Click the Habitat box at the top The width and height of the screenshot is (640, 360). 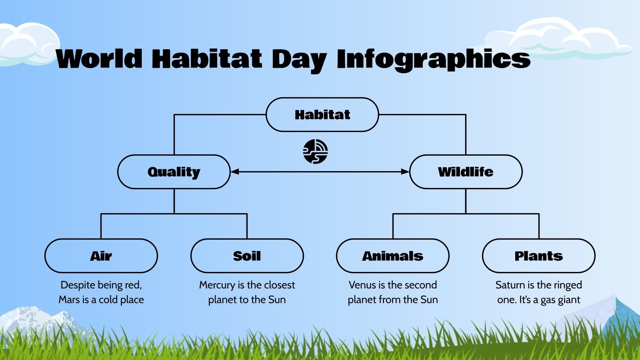tap(322, 115)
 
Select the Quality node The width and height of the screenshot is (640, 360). tap(174, 172)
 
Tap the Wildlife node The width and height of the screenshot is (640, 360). tap(466, 172)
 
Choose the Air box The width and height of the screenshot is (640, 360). tap(101, 256)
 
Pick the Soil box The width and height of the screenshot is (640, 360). tap(247, 256)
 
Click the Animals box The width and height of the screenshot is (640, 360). tap(392, 256)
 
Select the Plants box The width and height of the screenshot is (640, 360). tap(538, 256)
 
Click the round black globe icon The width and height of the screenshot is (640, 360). tap(315, 152)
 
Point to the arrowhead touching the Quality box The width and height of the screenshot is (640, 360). tap(235, 172)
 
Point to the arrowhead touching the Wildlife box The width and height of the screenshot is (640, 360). tap(405, 172)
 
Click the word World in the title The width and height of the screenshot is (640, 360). tap(99, 59)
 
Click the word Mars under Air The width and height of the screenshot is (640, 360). tap(69, 300)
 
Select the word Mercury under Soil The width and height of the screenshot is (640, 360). tap(217, 285)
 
